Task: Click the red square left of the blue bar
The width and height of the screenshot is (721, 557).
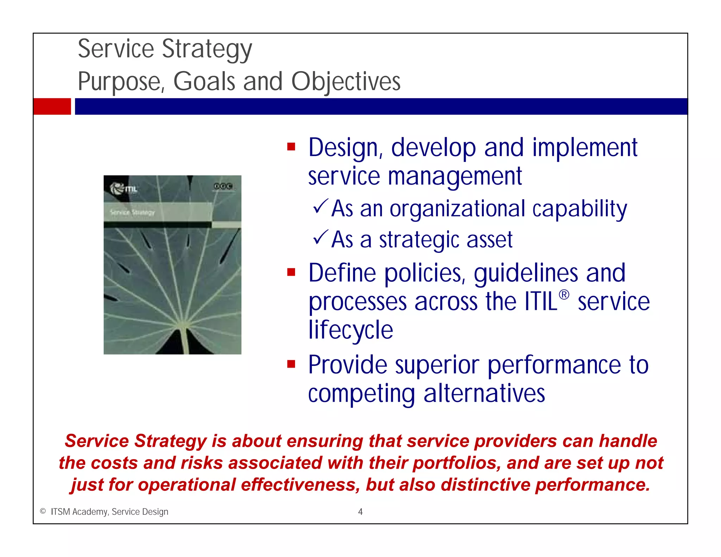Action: [x=52, y=106]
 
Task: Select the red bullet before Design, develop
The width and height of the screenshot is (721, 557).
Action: [x=291, y=146]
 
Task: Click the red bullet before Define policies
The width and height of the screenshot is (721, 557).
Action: [x=291, y=272]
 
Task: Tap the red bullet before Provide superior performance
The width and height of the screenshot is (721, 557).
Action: [x=291, y=364]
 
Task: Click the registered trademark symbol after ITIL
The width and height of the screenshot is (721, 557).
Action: [x=564, y=295]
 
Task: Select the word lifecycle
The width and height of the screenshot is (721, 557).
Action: [x=350, y=330]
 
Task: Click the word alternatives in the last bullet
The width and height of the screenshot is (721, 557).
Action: [x=484, y=393]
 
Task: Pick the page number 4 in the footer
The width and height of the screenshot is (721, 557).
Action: [x=360, y=512]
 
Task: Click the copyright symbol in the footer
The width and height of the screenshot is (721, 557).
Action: [x=43, y=511]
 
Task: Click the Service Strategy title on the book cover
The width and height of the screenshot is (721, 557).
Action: [x=132, y=212]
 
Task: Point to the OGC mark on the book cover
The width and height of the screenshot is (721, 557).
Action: [x=222, y=186]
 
